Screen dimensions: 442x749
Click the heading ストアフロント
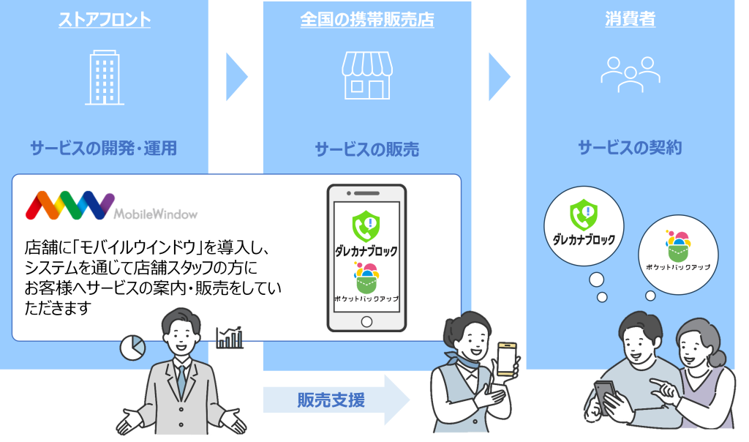pyautogui.click(x=104, y=20)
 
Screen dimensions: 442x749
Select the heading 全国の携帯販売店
pyautogui.click(x=366, y=20)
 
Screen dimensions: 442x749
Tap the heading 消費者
pyautogui.click(x=630, y=20)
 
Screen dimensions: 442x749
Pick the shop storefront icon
pyautogui.click(x=366, y=75)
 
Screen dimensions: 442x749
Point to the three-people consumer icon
pyautogui.click(x=630, y=74)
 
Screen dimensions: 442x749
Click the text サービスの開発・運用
pyautogui.click(x=104, y=149)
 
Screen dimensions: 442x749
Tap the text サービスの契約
pyautogui.click(x=630, y=149)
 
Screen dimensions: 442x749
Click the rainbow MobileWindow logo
pyautogui.click(x=69, y=206)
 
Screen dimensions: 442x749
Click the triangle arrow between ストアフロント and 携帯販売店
pyautogui.click(x=236, y=77)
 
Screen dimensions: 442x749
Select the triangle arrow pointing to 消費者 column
pyautogui.click(x=499, y=77)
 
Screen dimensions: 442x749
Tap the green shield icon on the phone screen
pyautogui.click(x=365, y=226)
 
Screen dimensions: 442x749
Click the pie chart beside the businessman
pyautogui.click(x=132, y=348)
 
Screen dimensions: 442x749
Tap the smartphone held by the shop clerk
pyautogui.click(x=506, y=359)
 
